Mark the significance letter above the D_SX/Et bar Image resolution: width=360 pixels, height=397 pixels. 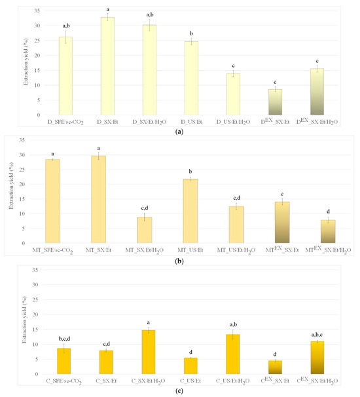107,9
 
